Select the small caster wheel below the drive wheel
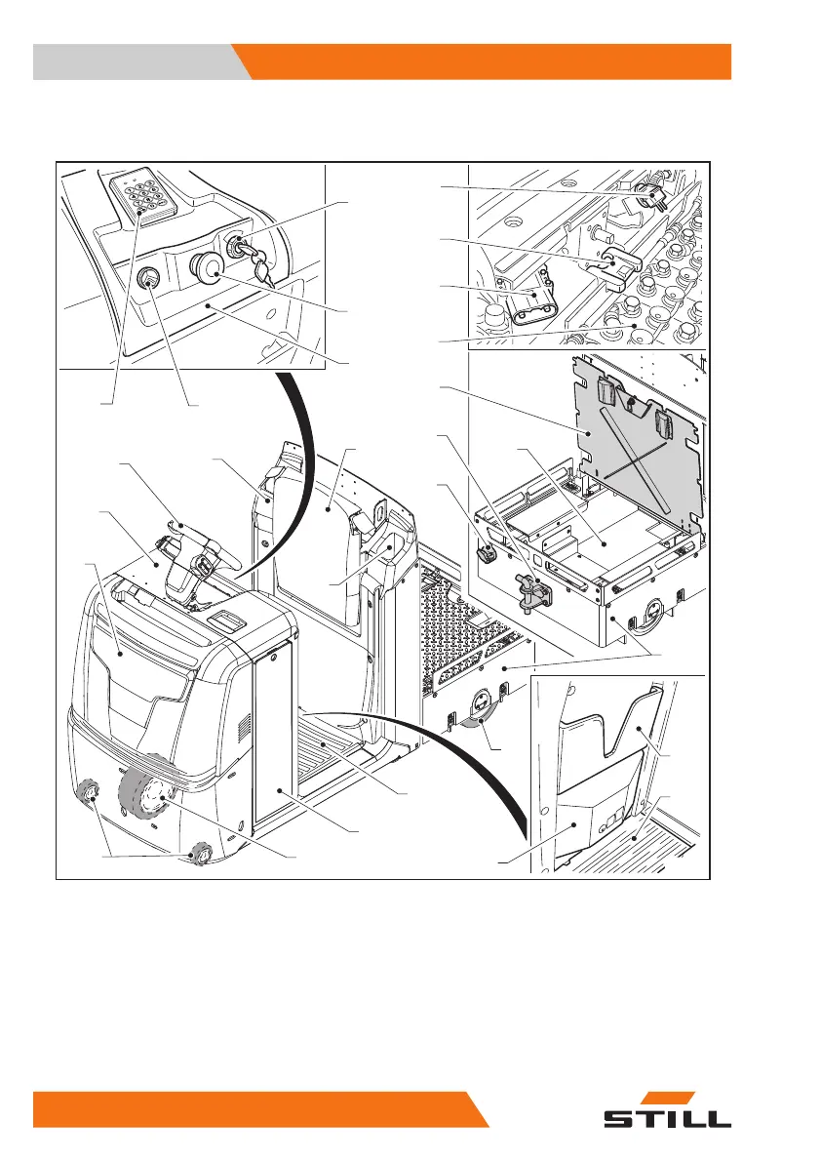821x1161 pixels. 201,853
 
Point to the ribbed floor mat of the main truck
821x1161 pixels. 332,751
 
